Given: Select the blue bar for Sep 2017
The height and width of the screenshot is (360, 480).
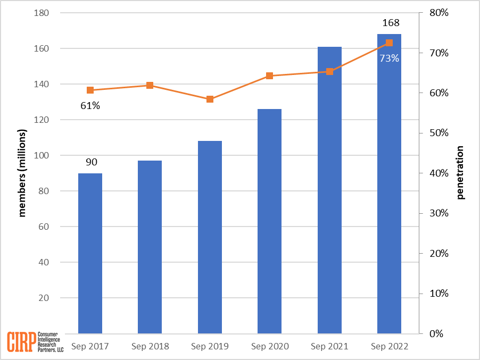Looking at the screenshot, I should (x=90, y=253).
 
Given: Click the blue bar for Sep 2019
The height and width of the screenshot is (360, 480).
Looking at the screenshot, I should (x=210, y=237).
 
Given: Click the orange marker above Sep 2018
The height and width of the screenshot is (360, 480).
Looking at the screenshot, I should (x=150, y=86).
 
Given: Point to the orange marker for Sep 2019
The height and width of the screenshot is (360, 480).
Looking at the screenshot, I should (x=210, y=99).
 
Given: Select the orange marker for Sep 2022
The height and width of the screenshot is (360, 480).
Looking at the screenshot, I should (x=389, y=43).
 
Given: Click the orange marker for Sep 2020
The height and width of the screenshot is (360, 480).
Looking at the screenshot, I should (x=269, y=76).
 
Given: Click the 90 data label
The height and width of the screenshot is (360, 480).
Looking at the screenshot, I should (x=92, y=162).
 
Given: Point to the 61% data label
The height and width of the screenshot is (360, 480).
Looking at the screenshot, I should (x=90, y=105).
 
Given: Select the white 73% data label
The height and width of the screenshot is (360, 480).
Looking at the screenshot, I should (x=389, y=58).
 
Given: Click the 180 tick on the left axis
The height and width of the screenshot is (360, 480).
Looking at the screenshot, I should (x=42, y=13).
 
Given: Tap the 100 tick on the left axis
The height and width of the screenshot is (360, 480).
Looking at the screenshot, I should (x=42, y=155).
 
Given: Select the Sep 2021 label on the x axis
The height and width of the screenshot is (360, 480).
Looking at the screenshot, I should (x=329, y=346).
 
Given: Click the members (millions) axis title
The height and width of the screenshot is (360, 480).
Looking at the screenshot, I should (x=22, y=173).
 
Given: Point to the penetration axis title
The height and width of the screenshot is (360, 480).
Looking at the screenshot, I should (x=460, y=173).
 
